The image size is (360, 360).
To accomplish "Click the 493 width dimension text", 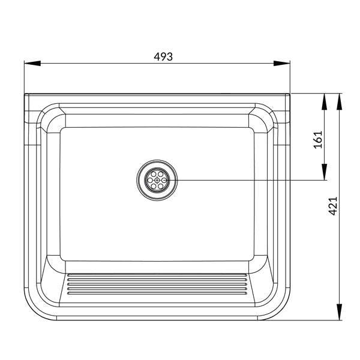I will (x=163, y=56).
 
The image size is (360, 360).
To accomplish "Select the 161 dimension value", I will (x=318, y=139).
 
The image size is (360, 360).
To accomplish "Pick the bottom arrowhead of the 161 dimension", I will (x=325, y=172).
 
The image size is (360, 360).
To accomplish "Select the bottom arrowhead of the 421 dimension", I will (x=340, y=312).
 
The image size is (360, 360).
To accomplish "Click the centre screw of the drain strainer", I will (x=157, y=179).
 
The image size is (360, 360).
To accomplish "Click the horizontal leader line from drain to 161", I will (x=252, y=179).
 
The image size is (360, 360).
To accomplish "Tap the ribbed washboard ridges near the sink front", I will (x=157, y=284).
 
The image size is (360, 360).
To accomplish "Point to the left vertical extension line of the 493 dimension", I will (x=25, y=78).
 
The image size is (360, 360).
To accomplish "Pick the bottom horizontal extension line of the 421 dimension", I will (x=312, y=319).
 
